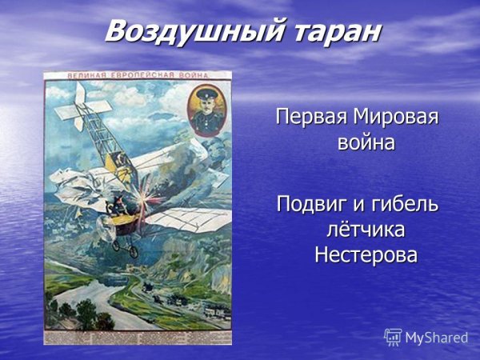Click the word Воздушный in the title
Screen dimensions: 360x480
(190, 32)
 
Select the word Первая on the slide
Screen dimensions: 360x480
(308, 117)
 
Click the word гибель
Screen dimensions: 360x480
(404, 203)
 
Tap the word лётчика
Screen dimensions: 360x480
(365, 230)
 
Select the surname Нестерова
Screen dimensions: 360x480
(366, 256)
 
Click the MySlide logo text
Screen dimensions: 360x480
(436, 338)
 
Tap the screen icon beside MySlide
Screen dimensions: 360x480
(393, 337)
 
